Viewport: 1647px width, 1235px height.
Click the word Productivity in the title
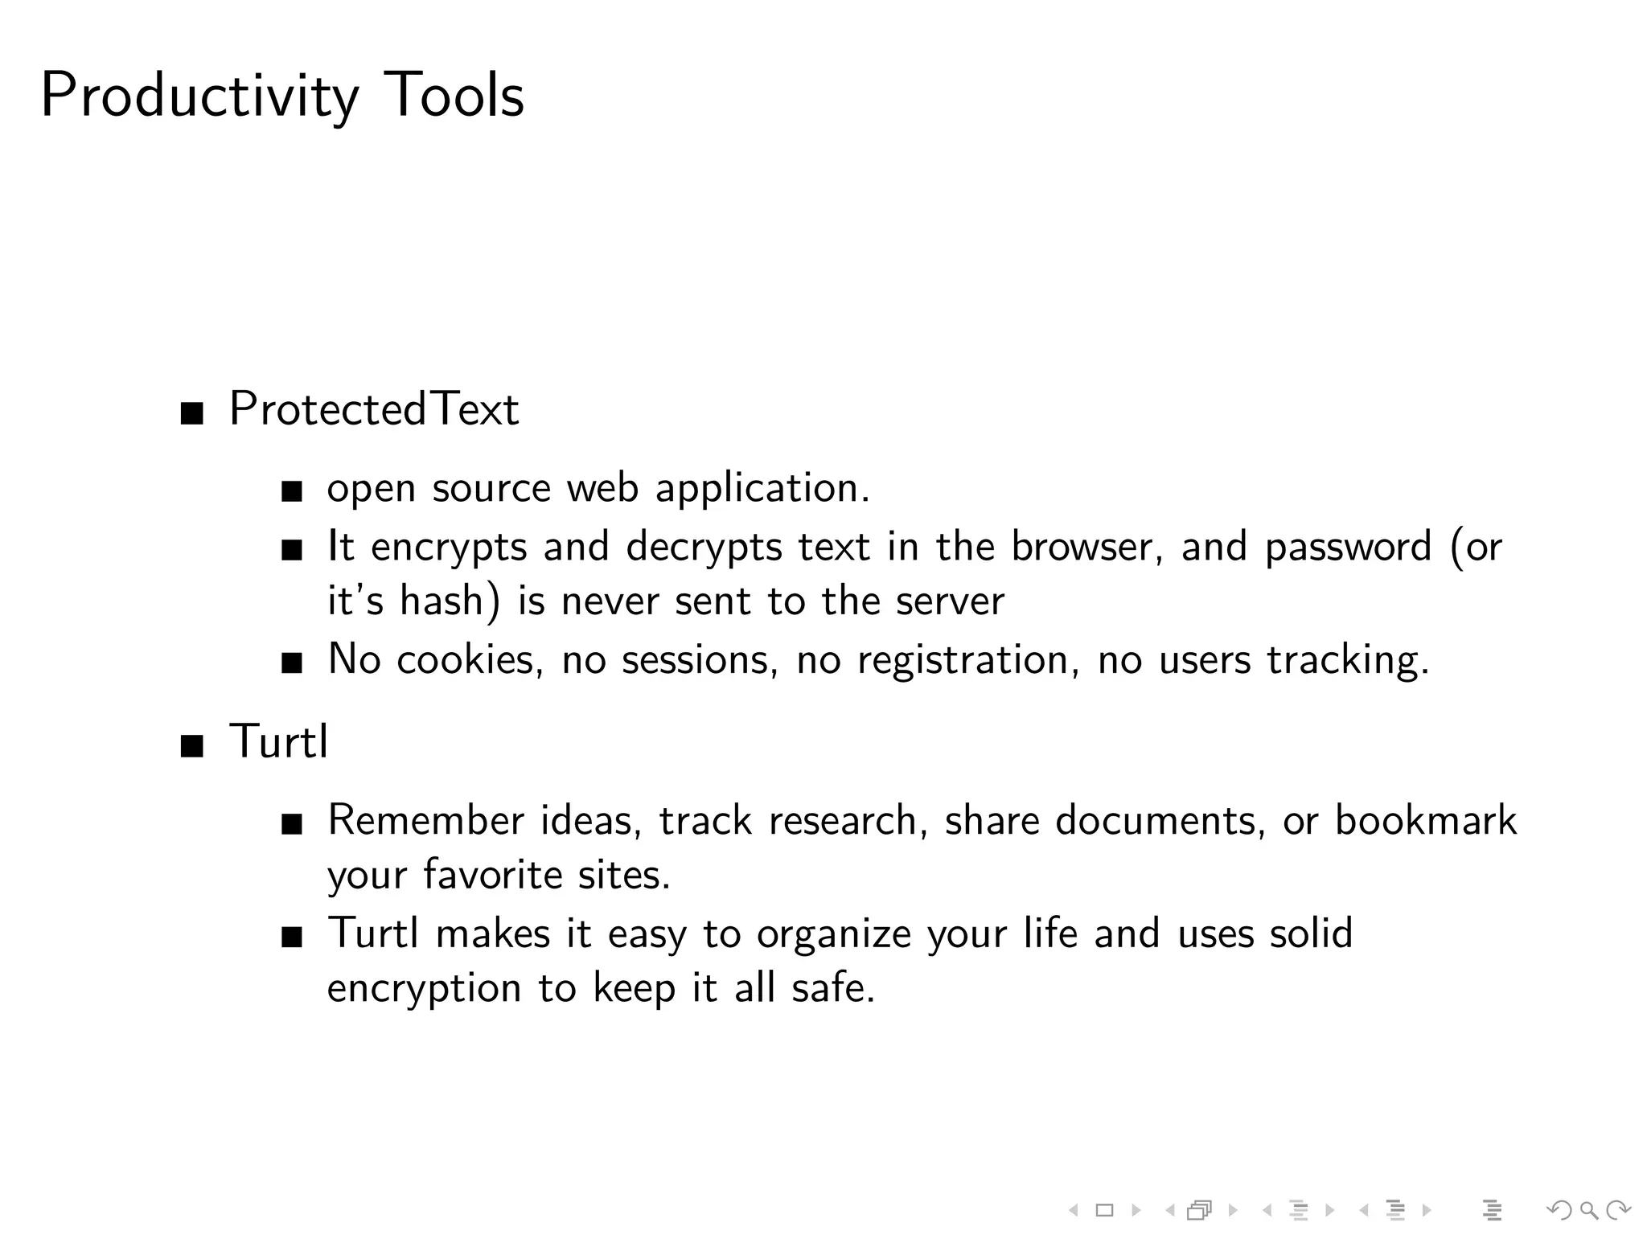pos(199,96)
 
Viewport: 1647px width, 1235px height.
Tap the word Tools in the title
pos(454,95)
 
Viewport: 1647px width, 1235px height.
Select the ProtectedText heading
pos(374,408)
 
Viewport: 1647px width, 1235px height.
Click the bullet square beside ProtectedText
pos(191,414)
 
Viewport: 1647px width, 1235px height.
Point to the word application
pos(762,488)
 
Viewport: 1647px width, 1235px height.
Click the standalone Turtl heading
pos(278,741)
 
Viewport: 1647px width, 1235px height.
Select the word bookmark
pos(1425,821)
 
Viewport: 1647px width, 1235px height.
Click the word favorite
pos(492,875)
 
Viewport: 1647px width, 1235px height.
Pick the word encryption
pos(424,989)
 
